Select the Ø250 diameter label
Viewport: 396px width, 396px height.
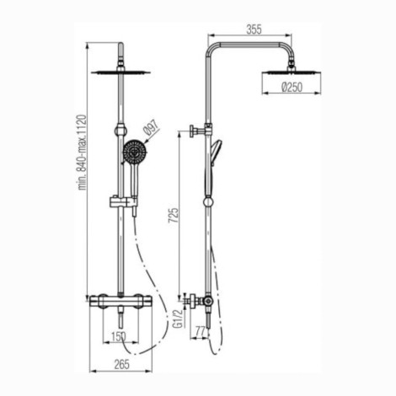tap(290, 88)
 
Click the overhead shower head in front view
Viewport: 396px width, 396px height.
tap(121, 72)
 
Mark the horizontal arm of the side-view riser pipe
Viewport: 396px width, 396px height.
tap(253, 42)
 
